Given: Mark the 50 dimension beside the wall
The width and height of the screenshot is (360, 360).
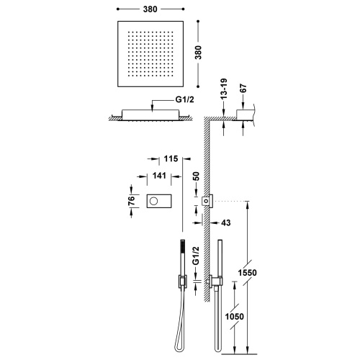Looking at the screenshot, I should [x=196, y=176].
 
